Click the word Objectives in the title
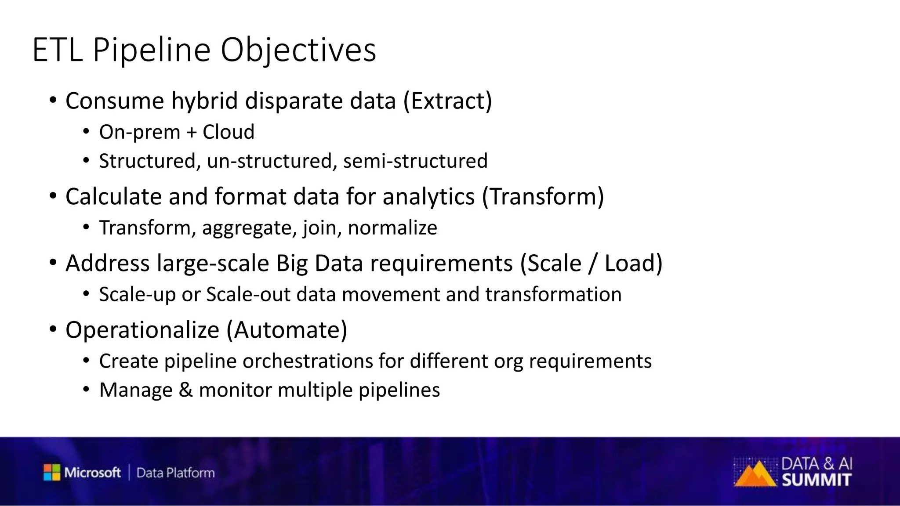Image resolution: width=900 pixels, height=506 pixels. (298, 51)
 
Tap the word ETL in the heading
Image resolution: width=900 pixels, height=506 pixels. (57, 51)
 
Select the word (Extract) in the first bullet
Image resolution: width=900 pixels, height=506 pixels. (447, 101)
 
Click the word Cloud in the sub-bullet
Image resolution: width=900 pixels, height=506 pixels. (228, 132)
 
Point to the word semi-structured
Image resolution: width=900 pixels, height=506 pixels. (415, 161)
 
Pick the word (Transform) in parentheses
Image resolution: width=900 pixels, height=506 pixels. (543, 196)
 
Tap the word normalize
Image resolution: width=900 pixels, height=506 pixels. (392, 228)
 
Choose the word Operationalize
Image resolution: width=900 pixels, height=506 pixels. (142, 330)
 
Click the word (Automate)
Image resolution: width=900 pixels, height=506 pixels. (287, 330)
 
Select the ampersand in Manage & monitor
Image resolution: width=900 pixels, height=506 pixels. (185, 390)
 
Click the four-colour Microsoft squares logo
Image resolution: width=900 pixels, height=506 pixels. (52, 472)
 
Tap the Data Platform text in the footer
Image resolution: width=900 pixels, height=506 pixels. (175, 473)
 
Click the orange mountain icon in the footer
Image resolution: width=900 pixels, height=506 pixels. (754, 474)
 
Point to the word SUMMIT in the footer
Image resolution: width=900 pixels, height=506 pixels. (817, 480)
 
